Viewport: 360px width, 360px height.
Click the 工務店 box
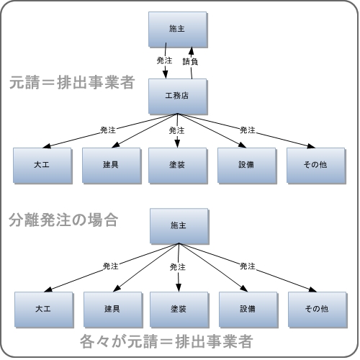(178, 96)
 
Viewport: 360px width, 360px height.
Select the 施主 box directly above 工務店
(178, 30)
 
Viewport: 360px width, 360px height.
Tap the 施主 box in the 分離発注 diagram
(179, 226)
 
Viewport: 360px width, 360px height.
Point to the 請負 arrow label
(190, 62)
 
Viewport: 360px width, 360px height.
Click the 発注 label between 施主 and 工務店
(164, 60)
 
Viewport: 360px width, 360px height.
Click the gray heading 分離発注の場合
(63, 220)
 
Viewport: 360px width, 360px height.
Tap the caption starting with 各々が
(166, 341)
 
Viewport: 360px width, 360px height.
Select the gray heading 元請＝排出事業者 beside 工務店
(72, 82)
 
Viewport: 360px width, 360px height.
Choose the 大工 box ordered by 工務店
(42, 166)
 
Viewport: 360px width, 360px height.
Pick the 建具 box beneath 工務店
(112, 166)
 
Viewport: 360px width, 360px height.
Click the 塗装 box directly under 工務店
(178, 166)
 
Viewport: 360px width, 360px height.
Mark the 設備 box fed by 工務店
(247, 166)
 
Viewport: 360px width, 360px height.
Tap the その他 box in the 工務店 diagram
(316, 166)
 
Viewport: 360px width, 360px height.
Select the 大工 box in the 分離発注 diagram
(44, 310)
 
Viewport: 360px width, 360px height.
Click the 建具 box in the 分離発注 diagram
(113, 310)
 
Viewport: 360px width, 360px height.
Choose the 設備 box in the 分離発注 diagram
(248, 310)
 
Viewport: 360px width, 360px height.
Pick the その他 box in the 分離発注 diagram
(318, 310)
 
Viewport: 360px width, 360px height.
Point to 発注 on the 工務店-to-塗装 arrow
(176, 130)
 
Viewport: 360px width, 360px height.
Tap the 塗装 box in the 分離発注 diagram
(179, 310)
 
